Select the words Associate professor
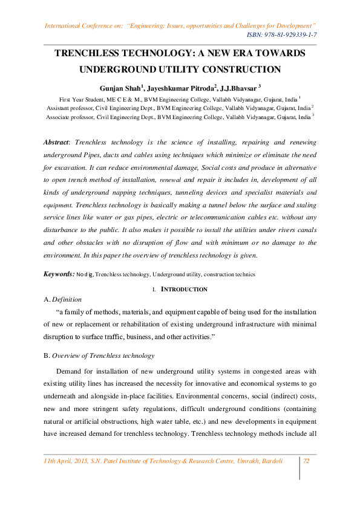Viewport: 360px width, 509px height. (x=71, y=118)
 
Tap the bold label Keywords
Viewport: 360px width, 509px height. (x=58, y=274)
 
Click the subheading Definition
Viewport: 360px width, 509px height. (x=67, y=299)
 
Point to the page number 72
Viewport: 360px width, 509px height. (x=306, y=461)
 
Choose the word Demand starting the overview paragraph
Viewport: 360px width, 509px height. (x=71, y=371)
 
